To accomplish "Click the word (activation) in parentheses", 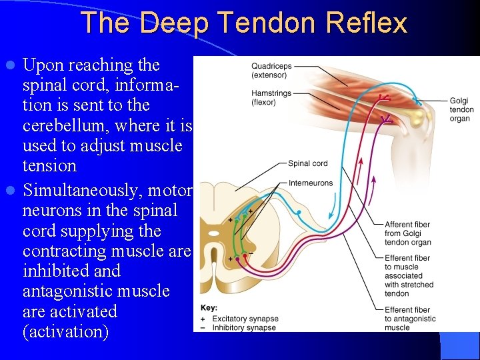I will (x=65, y=331).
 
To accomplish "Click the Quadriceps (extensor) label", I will (x=271, y=70).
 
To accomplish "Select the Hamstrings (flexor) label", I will (x=271, y=98).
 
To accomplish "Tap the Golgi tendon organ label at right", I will (x=461, y=109).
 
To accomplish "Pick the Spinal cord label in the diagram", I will (x=308, y=163).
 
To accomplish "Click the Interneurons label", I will (x=311, y=183).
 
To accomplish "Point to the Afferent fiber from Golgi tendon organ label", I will (x=407, y=233).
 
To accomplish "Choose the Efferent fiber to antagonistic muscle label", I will (x=410, y=319).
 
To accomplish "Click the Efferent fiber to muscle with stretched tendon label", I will (x=409, y=275).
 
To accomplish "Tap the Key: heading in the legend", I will (x=209, y=307).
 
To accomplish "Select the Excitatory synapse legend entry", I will (x=243, y=319).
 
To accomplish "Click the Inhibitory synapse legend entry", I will (x=243, y=327).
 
